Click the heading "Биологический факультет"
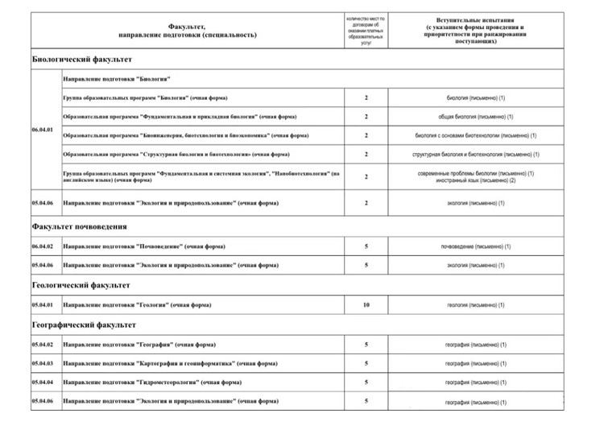(81, 60)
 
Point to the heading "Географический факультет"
(84, 325)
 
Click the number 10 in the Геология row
(366, 305)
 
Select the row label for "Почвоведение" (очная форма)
(141, 246)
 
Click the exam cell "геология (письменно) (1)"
(478, 305)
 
